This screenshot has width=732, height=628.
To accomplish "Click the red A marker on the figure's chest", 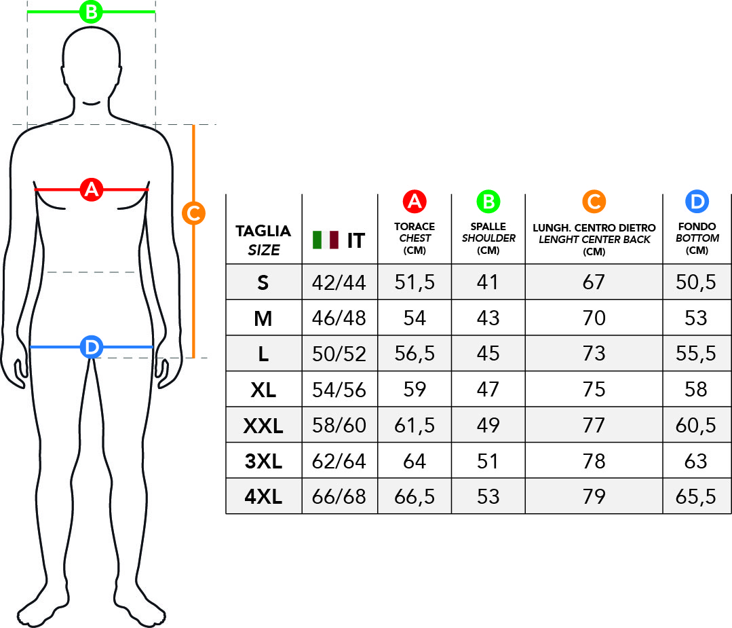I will click(x=91, y=189).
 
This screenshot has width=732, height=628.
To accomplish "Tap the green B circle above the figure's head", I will click(x=91, y=12).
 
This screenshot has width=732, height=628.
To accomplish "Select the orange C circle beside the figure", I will click(x=194, y=213).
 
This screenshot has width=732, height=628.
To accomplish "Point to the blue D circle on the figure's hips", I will click(x=91, y=348).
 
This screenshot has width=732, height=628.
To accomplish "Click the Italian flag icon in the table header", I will click(x=326, y=240).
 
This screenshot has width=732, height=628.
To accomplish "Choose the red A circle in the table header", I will click(x=414, y=202).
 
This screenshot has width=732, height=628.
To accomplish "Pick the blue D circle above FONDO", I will click(x=697, y=202).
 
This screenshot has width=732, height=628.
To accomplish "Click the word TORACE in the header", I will click(x=415, y=227).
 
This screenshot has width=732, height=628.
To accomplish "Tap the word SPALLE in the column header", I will click(x=488, y=227).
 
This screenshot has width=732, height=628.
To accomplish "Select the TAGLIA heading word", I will click(x=263, y=231).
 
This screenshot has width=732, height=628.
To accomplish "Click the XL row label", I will click(x=263, y=390).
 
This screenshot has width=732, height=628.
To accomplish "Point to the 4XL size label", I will click(x=263, y=497).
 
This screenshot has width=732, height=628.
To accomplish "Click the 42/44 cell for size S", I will click(x=339, y=282).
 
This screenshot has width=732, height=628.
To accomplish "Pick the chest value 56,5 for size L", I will click(x=415, y=354).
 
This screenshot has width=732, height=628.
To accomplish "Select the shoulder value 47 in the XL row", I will click(x=488, y=390).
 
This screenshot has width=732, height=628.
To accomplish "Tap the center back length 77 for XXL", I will click(x=594, y=426).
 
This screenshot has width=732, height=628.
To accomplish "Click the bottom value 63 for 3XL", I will click(x=696, y=462).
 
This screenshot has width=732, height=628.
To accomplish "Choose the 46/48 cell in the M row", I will click(x=339, y=318).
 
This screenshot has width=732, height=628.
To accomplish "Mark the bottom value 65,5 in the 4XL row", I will click(x=696, y=497).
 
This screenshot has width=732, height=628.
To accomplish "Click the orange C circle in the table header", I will click(x=594, y=202).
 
